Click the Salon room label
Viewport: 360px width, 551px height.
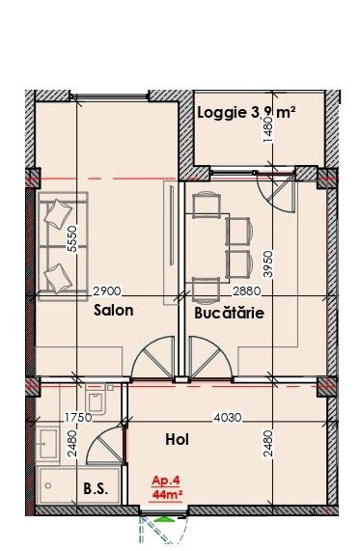click(x=113, y=311)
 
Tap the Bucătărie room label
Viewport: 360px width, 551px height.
click(x=229, y=313)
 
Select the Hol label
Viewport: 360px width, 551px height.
click(x=178, y=440)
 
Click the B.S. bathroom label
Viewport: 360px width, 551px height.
click(x=96, y=488)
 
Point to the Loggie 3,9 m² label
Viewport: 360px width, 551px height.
click(x=246, y=113)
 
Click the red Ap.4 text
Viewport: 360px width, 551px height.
click(x=166, y=481)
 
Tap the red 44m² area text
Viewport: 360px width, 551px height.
click(x=167, y=494)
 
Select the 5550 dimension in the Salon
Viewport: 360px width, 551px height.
click(x=72, y=238)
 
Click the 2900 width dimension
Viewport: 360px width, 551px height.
click(x=107, y=291)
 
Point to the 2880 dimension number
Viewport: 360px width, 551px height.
click(x=247, y=291)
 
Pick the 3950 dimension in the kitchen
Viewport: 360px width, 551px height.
click(x=268, y=263)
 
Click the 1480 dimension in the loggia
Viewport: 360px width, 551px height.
click(x=268, y=130)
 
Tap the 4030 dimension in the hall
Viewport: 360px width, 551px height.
click(x=228, y=418)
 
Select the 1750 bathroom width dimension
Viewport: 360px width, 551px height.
click(x=78, y=418)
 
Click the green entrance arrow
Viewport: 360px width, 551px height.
click(x=164, y=519)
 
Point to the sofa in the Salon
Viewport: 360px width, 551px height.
click(x=63, y=246)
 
